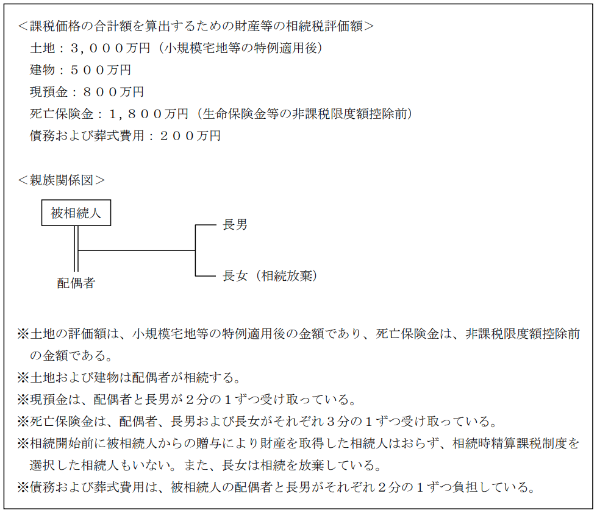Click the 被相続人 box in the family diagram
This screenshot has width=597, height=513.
pyautogui.click(x=76, y=213)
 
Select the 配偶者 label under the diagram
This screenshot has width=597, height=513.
pyautogui.click(x=76, y=282)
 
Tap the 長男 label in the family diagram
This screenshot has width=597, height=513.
pyautogui.click(x=235, y=225)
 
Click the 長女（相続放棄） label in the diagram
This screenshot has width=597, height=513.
pyautogui.click(x=270, y=275)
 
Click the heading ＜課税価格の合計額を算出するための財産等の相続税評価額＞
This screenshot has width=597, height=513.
pyautogui.click(x=195, y=26)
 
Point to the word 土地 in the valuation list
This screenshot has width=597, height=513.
pyautogui.click(x=42, y=48)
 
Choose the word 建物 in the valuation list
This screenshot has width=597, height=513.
pyautogui.click(x=42, y=70)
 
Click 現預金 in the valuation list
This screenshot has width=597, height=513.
pyautogui.click(x=48, y=92)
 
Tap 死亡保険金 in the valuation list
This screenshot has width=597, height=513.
pyautogui.click(x=62, y=114)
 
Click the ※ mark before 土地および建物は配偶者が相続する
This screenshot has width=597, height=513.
pyautogui.click(x=23, y=378)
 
